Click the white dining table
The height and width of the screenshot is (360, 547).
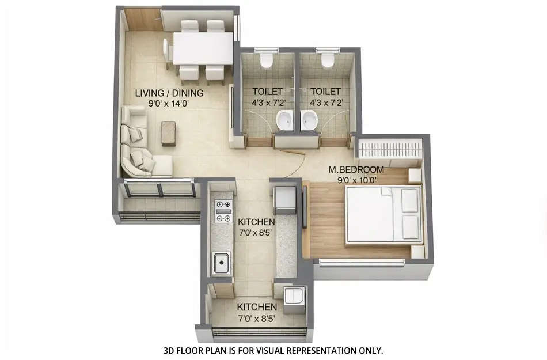[203, 48]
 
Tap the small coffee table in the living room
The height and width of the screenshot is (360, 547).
[169, 133]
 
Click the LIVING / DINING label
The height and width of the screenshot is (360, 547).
[169, 93]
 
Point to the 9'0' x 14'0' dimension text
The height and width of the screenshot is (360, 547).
[169, 104]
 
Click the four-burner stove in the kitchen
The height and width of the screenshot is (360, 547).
[222, 211]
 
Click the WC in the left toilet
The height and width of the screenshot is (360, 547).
[267, 59]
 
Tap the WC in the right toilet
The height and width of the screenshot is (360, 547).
[328, 59]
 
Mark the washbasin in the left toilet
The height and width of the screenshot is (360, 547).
[284, 121]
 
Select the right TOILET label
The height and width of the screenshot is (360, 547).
[325, 92]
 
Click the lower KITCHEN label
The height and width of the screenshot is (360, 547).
[257, 307]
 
